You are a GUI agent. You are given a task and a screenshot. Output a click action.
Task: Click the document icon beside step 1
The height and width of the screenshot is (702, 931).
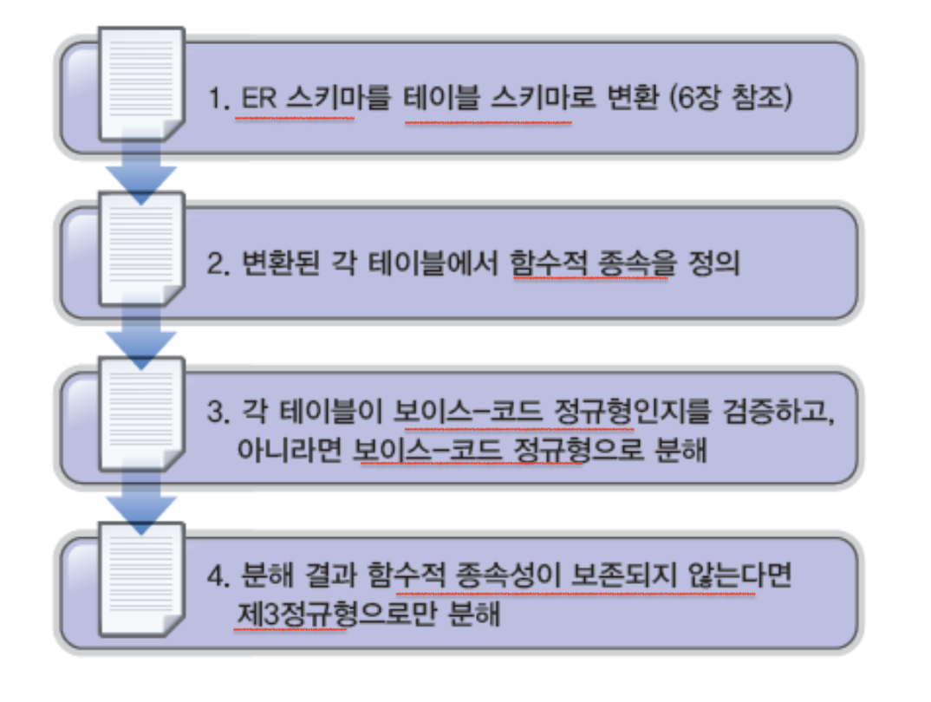tap(141, 84)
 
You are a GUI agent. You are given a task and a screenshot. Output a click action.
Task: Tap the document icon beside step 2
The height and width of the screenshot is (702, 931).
tap(141, 249)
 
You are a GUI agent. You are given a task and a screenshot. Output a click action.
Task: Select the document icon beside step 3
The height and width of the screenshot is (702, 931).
tap(141, 413)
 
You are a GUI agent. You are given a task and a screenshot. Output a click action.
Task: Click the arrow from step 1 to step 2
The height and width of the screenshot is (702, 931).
tap(141, 170)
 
